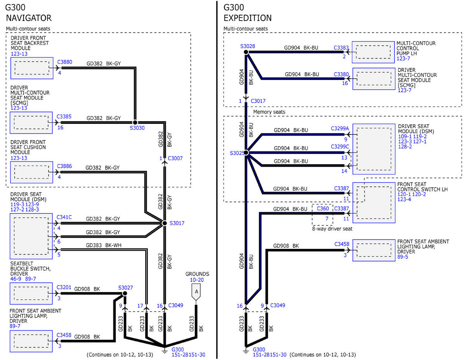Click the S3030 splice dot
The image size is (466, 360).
135,122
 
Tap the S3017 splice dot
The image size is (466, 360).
165,223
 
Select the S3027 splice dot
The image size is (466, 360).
125,293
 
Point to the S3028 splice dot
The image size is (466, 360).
246,52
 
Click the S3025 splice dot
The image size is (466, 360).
246,153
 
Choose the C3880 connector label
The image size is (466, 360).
64,62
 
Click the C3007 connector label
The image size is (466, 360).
175,158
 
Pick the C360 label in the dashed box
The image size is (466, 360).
323,209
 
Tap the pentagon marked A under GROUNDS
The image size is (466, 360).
196,292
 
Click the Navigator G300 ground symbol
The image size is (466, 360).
165,351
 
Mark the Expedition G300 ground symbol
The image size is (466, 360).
246,351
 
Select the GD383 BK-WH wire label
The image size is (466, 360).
104,245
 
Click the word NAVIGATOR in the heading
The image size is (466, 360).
29,18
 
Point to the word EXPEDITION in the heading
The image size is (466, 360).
247,18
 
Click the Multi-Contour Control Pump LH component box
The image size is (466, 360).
373,52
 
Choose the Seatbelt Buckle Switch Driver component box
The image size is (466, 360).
31,293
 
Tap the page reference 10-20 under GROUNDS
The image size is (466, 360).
196,280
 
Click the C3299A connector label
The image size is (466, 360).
340,129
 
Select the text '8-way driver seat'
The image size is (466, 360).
332,229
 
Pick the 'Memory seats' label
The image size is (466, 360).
269,112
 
